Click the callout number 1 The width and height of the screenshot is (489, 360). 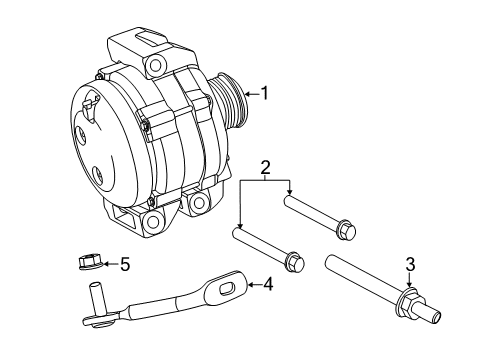point(266,94)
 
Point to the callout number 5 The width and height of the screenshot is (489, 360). point(125,265)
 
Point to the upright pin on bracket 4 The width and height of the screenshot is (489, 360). point(100,296)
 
